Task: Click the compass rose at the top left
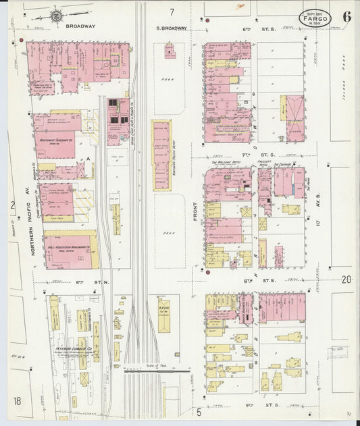tap(57, 14)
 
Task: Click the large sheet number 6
tap(346, 16)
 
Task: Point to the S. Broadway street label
tap(170, 27)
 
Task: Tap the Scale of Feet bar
tap(157, 369)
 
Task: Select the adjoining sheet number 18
tap(17, 401)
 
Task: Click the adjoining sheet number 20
tap(347, 279)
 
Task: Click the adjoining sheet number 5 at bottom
tap(199, 411)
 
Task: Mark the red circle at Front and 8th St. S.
tap(207, 273)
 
